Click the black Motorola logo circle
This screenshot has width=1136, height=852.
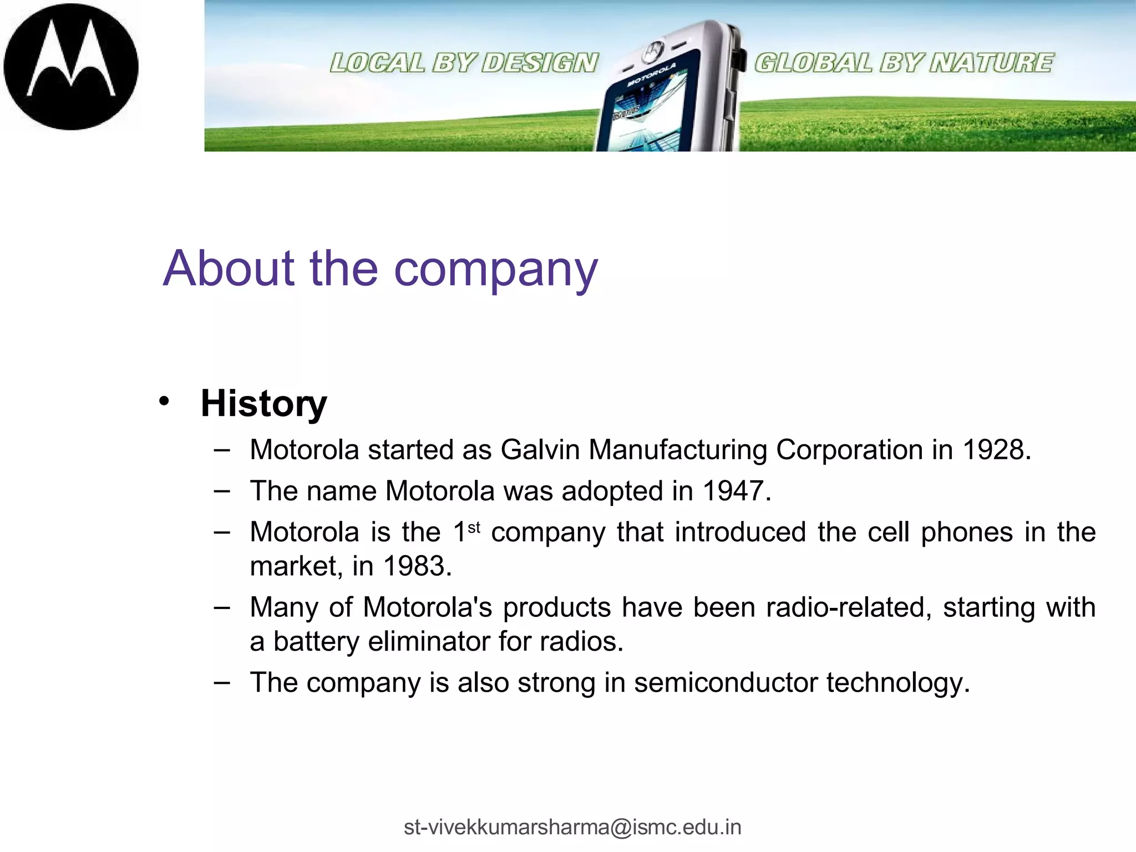71,67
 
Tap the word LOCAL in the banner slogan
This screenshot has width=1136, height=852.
377,63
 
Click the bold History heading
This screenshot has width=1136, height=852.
263,403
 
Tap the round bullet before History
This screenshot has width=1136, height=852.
163,401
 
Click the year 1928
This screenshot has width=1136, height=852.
996,449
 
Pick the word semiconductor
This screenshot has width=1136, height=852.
726,682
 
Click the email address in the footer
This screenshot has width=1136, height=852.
572,827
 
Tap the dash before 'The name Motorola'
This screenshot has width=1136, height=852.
221,491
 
